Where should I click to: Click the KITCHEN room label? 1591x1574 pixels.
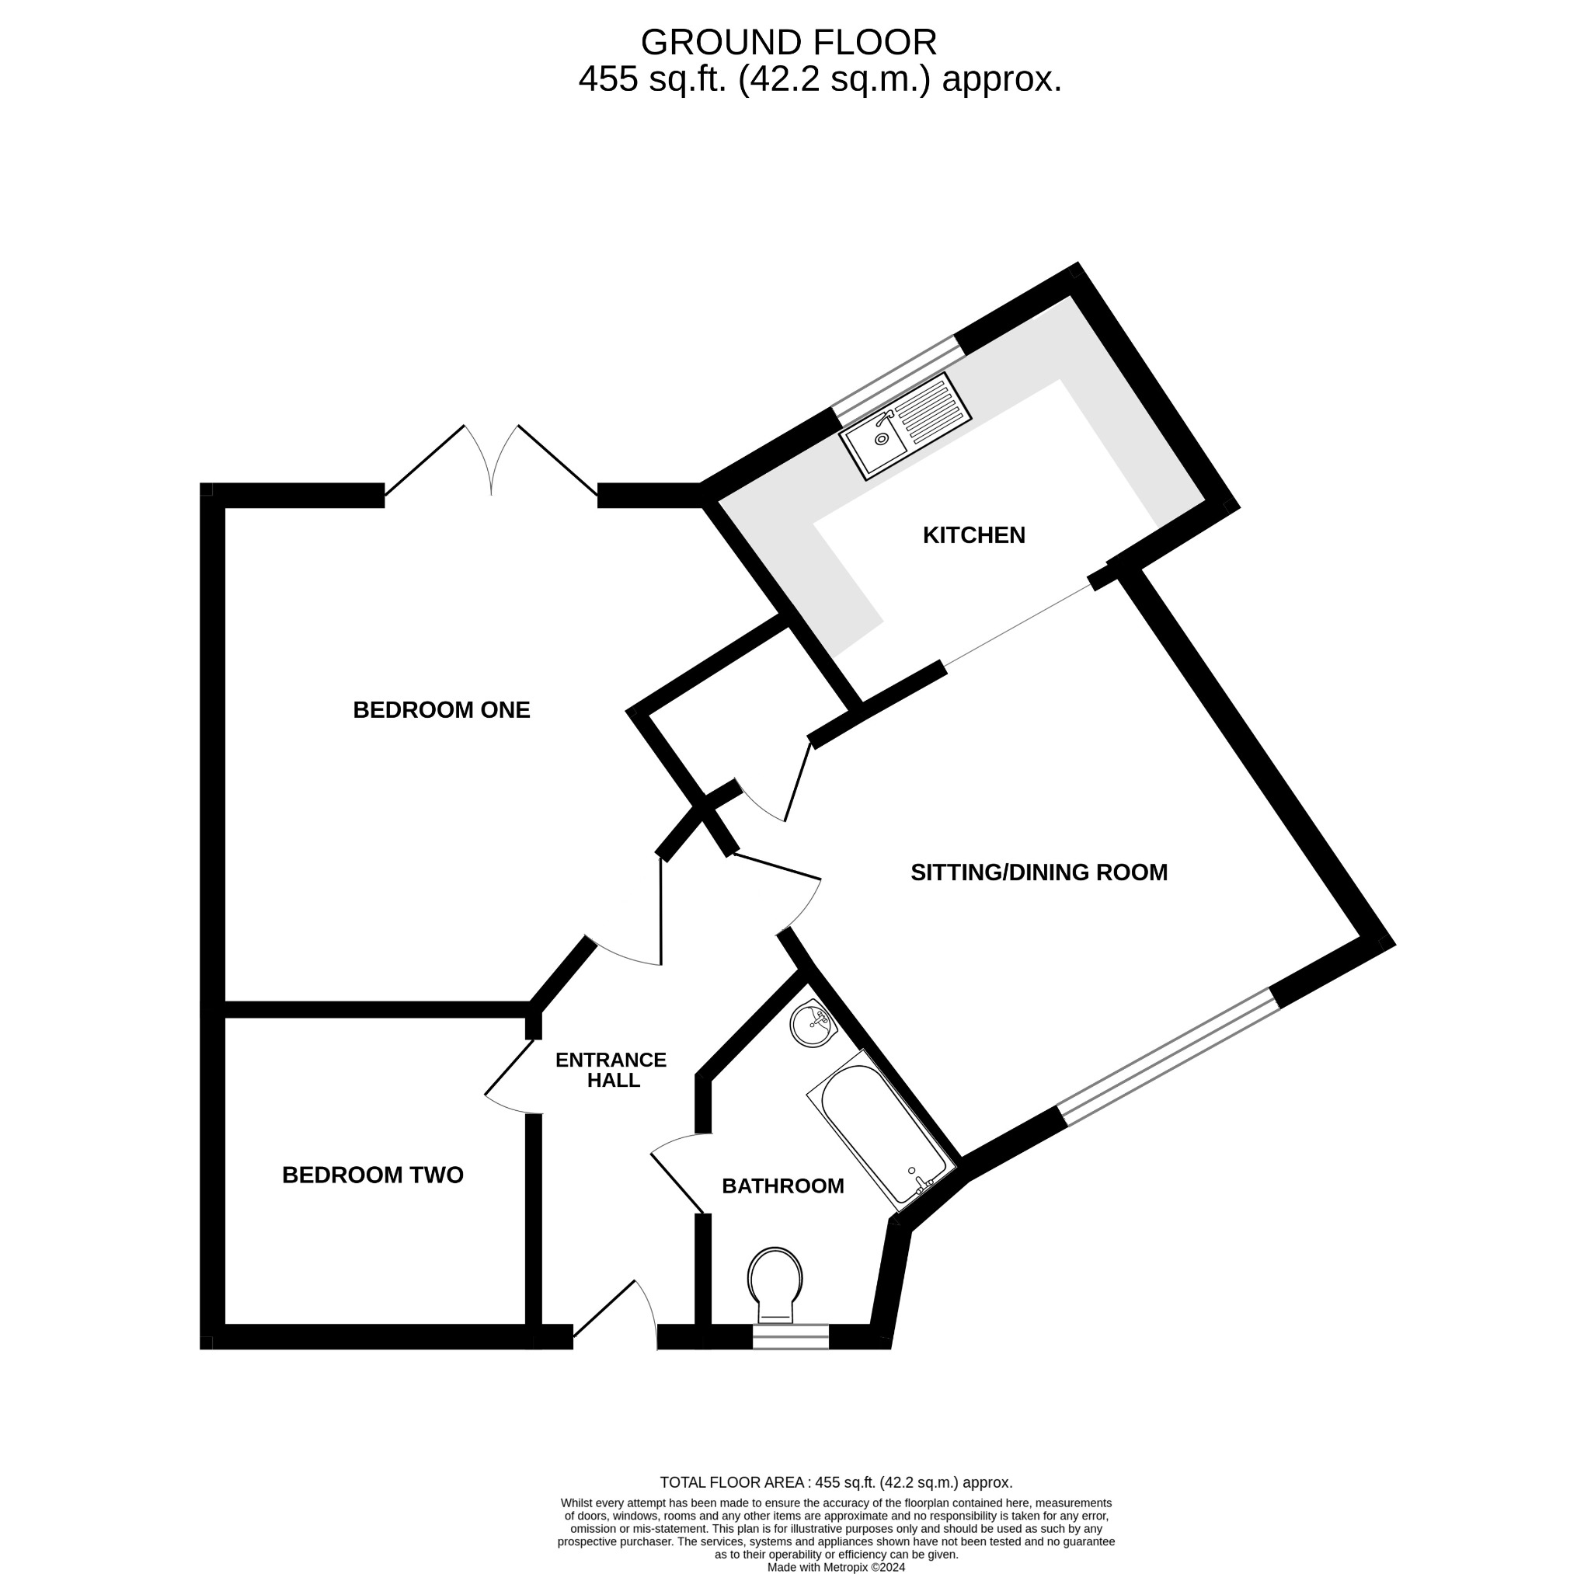click(973, 535)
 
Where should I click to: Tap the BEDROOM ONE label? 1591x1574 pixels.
click(441, 710)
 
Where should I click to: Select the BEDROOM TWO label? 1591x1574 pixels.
click(372, 1175)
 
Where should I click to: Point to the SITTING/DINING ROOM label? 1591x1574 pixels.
click(1039, 872)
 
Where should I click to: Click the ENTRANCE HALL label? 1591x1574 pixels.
click(611, 1070)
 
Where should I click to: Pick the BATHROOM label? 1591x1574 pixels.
click(782, 1186)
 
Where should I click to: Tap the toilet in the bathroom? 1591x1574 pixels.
click(774, 1287)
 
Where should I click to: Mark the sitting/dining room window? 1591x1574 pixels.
click(1169, 1057)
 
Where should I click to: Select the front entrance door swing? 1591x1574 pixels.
click(618, 1316)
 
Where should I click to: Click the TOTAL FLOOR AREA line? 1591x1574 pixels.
click(836, 1482)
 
